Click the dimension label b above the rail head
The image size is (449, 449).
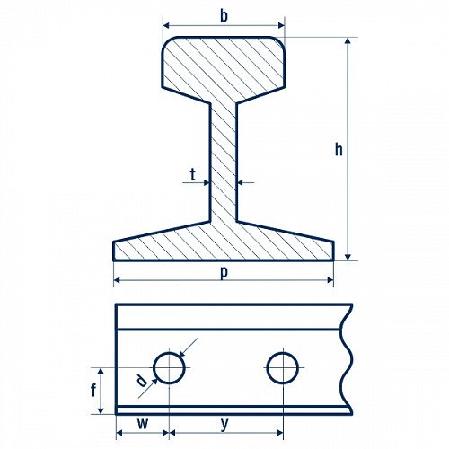click(224, 16)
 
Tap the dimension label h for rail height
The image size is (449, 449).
click(339, 149)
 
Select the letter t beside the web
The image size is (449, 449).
click(193, 174)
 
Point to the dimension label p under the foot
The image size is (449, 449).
click(224, 273)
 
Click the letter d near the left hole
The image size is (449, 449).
click(142, 381)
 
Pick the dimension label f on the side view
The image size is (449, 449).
click(93, 391)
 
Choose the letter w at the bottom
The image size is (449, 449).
click(143, 424)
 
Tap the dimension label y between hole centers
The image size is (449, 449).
click(224, 424)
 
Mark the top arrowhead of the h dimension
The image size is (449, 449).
click(348, 41)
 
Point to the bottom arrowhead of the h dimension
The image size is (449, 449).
click(348, 257)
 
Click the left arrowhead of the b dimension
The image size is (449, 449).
click(166, 25)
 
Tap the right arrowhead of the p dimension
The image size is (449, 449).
click(330, 280)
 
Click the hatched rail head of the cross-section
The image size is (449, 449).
click(224, 65)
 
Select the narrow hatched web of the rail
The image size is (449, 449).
click(224, 163)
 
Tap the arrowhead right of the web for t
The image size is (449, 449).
click(241, 182)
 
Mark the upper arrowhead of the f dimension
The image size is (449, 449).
click(101, 372)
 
